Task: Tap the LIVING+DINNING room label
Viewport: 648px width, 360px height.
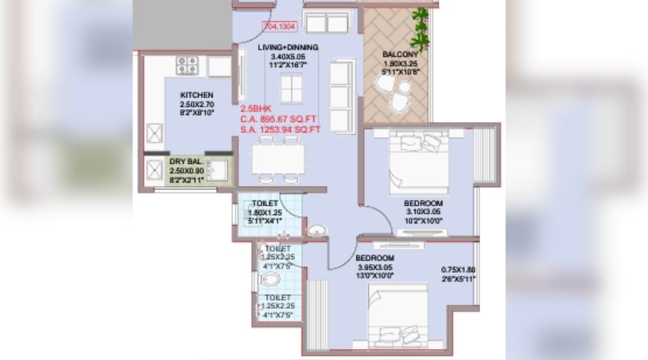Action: pyautogui.click(x=287, y=47)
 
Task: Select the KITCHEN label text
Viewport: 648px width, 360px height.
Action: pyautogui.click(x=197, y=95)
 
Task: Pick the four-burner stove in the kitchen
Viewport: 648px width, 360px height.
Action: pyautogui.click(x=187, y=66)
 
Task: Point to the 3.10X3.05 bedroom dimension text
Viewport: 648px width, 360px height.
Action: pyautogui.click(x=423, y=212)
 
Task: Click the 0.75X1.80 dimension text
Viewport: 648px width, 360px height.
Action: pyautogui.click(x=458, y=270)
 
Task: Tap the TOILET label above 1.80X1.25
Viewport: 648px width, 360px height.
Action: pyautogui.click(x=264, y=204)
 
